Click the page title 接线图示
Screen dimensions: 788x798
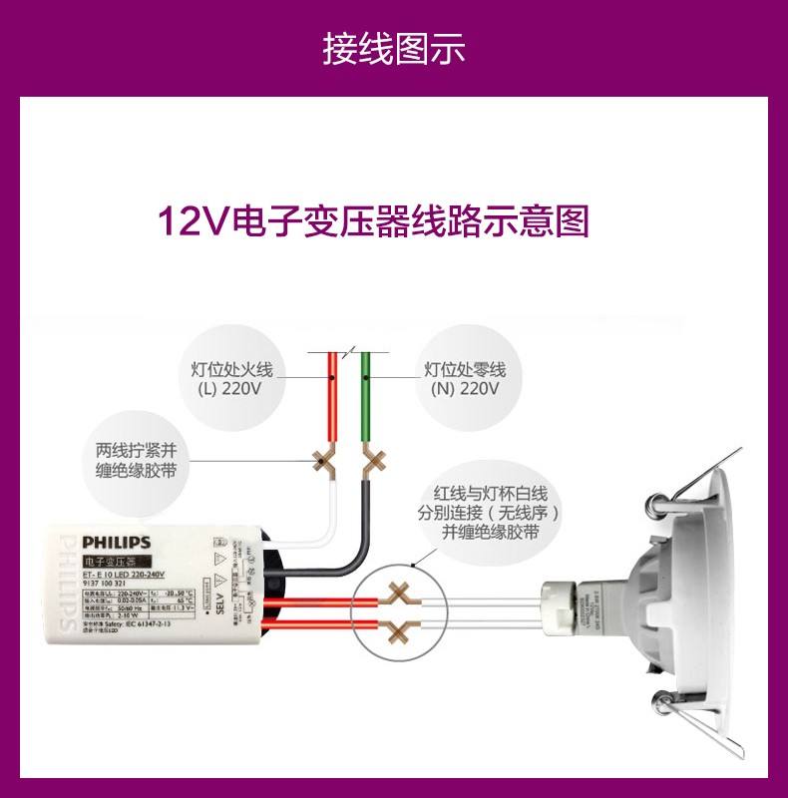[x=393, y=47]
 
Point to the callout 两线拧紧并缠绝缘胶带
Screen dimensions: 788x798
[x=135, y=460]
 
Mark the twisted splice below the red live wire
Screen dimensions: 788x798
[x=324, y=461]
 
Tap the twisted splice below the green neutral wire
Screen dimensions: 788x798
[x=374, y=461]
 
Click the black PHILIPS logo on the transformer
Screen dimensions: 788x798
[x=117, y=543]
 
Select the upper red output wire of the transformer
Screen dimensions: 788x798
[x=319, y=600]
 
